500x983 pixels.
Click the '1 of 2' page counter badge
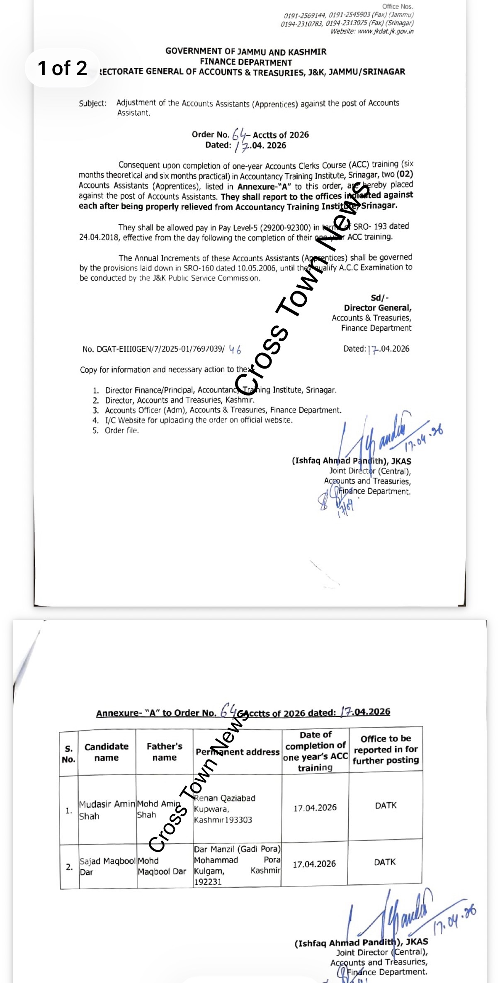coord(62,68)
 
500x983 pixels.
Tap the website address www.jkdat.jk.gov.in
coord(385,31)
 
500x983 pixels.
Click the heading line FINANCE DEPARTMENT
coord(246,62)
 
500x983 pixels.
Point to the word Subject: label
coord(93,103)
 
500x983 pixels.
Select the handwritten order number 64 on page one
coord(240,133)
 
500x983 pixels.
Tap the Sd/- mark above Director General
coord(379,298)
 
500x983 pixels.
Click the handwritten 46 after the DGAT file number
coord(235,350)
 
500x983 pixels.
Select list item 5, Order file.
coord(121,430)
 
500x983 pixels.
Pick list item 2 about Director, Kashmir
coord(179,400)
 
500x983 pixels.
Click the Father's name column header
coord(164,752)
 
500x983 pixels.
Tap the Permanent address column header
coord(238,752)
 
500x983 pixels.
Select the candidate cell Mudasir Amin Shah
coord(107,810)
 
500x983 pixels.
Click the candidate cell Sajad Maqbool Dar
coord(107,866)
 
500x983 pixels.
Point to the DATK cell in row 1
coord(386,805)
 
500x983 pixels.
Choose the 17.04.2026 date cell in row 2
coord(314,864)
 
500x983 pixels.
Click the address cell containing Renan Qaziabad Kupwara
coord(224,808)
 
